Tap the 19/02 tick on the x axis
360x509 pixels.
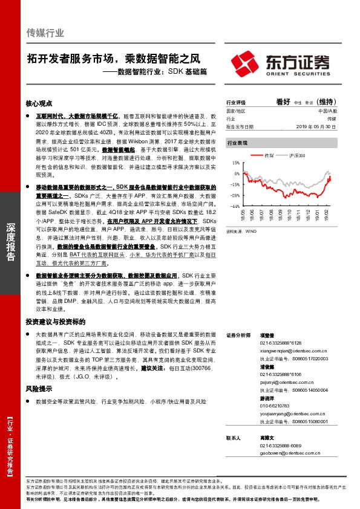tap(326, 215)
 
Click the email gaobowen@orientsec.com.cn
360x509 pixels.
tap(281, 452)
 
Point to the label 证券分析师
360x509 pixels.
tap(238, 334)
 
